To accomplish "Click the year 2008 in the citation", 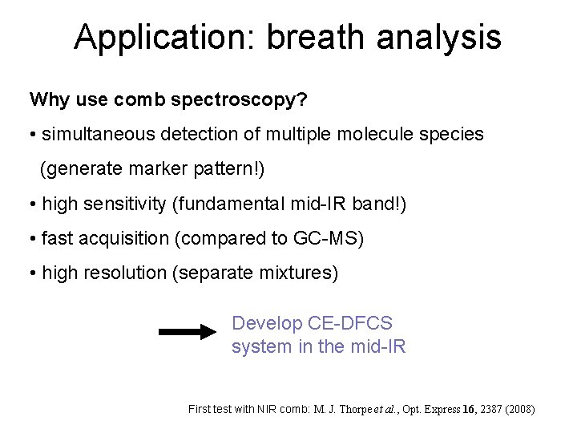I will [517, 410].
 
